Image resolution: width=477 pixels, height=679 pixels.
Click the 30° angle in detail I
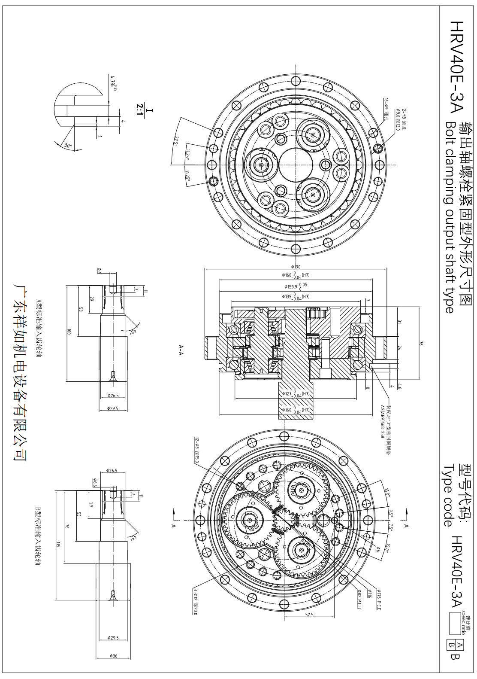pos(67,146)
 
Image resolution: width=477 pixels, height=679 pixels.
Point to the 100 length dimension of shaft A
pos(68,332)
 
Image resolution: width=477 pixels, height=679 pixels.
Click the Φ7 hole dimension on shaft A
pos(99,270)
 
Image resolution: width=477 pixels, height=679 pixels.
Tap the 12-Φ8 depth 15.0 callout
pos(197,451)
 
